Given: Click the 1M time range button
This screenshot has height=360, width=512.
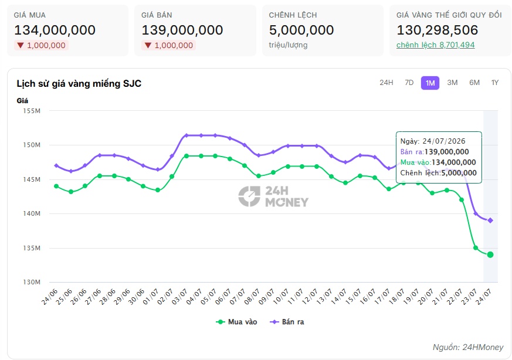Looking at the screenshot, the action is [430, 83].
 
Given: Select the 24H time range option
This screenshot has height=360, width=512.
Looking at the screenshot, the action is [386, 83].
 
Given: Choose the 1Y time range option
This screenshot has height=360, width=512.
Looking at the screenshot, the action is [494, 83].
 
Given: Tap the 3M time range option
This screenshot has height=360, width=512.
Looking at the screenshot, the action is [452, 83].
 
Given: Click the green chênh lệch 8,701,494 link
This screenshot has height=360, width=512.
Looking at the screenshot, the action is [435, 45].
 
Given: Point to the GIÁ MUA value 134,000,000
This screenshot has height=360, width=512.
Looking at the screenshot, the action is [55, 30].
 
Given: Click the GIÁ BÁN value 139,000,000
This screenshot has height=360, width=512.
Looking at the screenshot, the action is [182, 30].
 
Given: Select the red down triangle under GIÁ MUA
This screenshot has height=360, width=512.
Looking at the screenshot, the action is [21, 45].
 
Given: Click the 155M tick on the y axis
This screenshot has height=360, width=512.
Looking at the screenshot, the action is [32, 111].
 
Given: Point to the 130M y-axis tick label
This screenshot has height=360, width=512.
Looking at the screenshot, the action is [32, 282].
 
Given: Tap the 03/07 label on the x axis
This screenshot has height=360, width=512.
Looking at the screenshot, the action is [179, 296].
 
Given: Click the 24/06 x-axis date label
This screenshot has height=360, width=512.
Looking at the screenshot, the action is [50, 296].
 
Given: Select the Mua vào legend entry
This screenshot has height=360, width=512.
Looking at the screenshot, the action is [236, 322].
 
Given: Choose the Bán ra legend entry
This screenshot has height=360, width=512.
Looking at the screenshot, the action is [287, 322].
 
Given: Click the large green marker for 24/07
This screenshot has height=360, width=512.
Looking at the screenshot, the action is [490, 254].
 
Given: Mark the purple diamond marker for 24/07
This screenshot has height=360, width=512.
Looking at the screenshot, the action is [490, 220].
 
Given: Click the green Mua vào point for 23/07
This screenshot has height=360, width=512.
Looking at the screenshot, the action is [476, 248].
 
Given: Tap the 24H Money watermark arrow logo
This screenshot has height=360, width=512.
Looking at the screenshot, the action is [249, 196].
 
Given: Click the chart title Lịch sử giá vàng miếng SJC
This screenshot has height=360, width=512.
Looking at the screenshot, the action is [79, 84].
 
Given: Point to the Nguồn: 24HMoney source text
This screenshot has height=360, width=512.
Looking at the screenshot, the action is [468, 347].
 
